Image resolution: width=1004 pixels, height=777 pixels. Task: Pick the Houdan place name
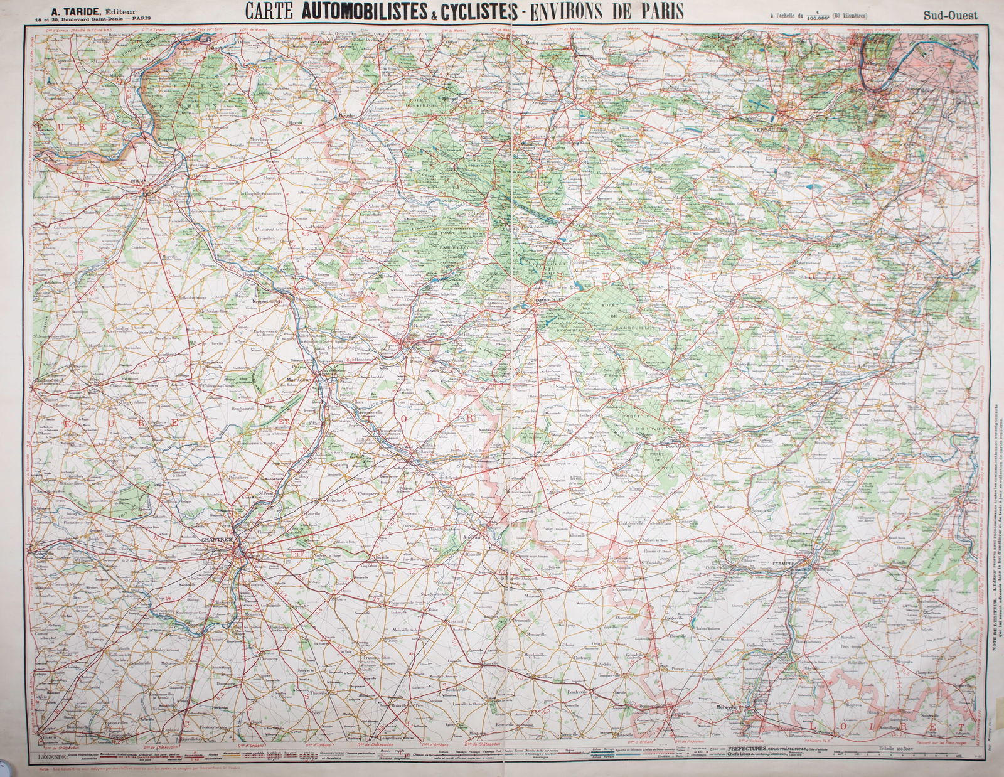347,117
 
